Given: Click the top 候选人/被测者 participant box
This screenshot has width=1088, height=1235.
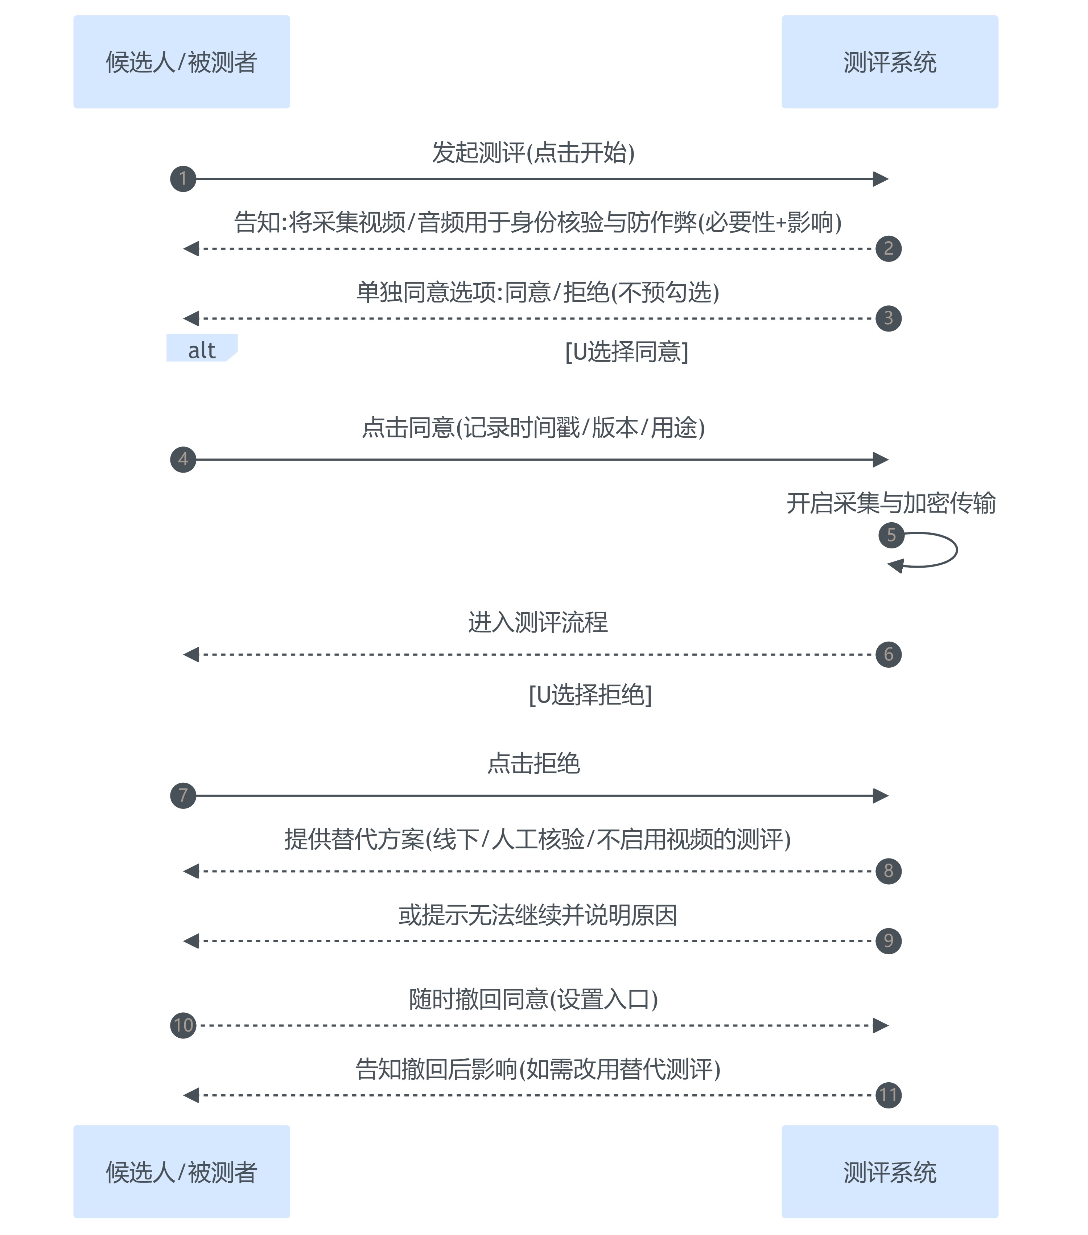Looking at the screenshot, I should (181, 62).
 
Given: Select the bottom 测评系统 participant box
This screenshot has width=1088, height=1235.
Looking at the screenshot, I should (889, 1172).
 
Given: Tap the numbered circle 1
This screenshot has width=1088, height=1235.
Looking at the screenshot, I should (183, 179).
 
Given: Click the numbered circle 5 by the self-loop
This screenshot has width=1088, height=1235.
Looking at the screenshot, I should (891, 535).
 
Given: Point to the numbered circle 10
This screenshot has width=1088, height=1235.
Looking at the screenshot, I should (183, 1025).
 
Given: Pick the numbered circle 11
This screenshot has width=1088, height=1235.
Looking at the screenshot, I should (888, 1095).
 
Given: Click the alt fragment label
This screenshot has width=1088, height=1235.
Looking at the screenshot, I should (201, 349).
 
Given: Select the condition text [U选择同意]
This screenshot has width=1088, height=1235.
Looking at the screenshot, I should (626, 351).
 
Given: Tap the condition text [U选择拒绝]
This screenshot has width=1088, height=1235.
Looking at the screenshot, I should (590, 695).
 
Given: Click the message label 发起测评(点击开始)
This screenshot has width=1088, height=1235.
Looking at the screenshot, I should (533, 152).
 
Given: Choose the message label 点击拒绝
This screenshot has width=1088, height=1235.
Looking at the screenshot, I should (533, 763).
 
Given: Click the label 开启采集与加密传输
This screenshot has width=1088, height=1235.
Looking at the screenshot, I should (890, 503).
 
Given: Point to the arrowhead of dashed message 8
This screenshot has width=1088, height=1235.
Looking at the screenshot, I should (191, 870).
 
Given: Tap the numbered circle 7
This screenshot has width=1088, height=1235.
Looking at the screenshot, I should (183, 795).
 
